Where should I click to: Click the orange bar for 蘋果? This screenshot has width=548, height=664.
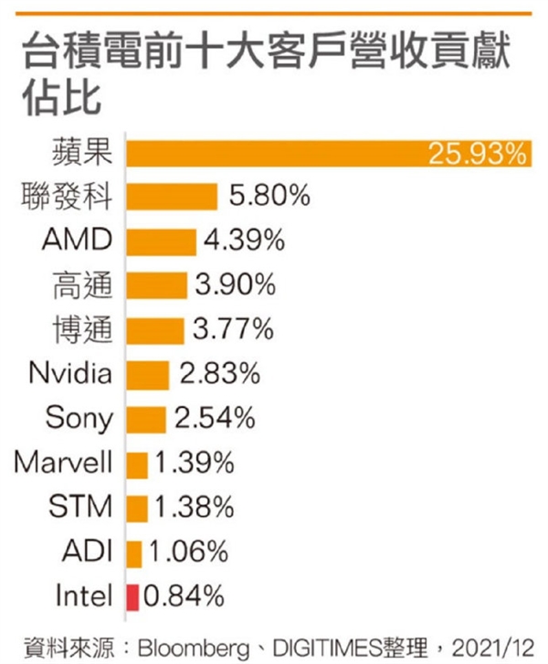pos(274,152)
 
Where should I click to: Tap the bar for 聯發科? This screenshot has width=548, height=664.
pos(172,197)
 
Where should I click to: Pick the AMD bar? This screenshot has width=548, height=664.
pos(161,241)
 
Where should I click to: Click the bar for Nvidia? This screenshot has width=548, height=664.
pos(147,374)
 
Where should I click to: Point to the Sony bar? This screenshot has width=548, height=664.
pos(145,419)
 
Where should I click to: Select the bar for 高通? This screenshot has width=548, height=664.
pos(156,285)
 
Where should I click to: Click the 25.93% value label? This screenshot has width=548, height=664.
pos(478,153)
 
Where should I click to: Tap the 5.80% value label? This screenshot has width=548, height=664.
pos(268,197)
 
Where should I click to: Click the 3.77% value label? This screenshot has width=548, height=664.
pos(234,329)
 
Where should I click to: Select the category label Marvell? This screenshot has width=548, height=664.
pos(63,463)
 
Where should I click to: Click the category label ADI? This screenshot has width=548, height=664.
pos(89,552)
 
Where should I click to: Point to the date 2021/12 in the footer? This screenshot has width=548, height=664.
pos(500,646)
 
